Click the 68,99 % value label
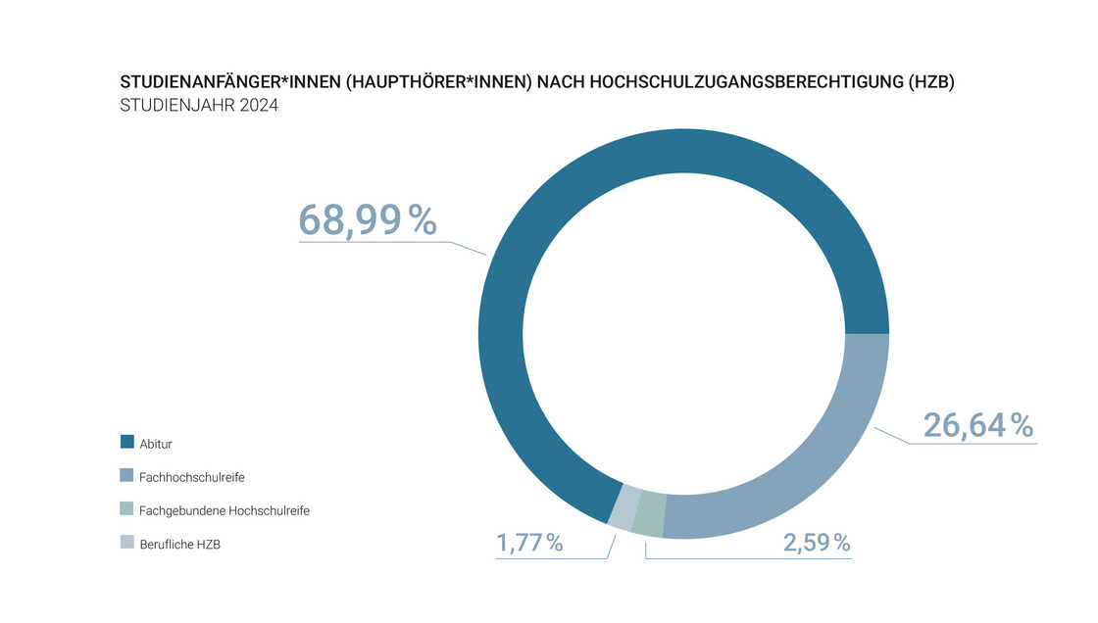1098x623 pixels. (x=367, y=219)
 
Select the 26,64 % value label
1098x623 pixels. (x=977, y=426)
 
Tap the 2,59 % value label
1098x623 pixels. (x=817, y=542)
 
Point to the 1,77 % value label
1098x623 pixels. (x=529, y=542)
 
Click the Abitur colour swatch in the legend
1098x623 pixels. (x=127, y=443)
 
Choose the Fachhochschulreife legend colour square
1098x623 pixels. (x=127, y=476)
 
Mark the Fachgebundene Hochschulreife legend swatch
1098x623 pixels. (x=127, y=509)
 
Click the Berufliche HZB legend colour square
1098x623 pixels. (x=127, y=543)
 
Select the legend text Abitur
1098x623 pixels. (x=156, y=444)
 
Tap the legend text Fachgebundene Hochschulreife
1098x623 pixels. (x=225, y=510)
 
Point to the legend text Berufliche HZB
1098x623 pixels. (x=180, y=544)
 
